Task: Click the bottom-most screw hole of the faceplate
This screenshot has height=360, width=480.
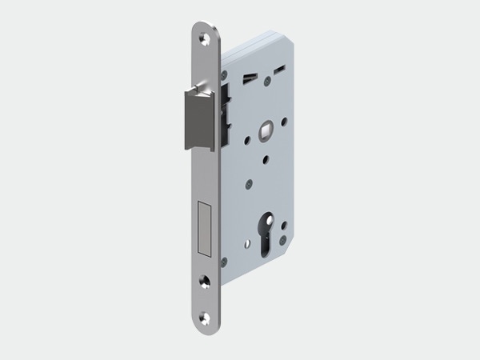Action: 206,320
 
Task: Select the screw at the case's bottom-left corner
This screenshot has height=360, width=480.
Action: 225,261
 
